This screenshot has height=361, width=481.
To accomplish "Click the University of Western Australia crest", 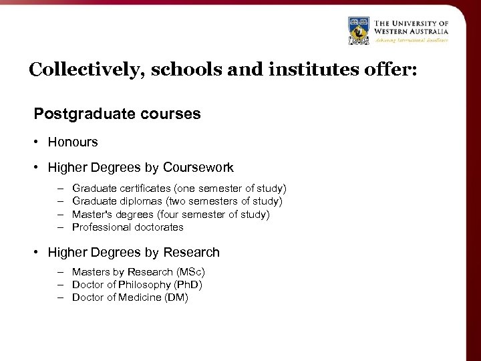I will (359, 31).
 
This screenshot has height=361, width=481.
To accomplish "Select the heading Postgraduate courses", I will (117, 114).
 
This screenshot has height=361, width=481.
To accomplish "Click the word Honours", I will (73, 142).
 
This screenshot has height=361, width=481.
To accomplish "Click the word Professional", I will (102, 227).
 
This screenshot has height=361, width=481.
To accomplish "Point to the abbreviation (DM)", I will (176, 297).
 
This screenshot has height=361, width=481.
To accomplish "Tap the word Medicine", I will (140, 297).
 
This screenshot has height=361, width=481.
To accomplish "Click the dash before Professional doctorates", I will (59, 227).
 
